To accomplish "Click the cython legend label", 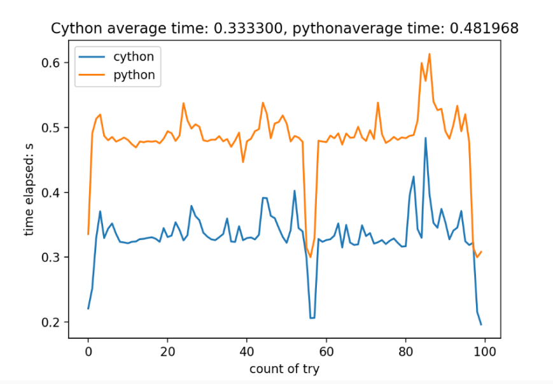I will tap(133, 56).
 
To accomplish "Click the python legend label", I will tap(134, 75).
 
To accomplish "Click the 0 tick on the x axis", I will tap(88, 350).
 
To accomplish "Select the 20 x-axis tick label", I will tap(167, 350).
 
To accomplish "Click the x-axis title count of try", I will tap(284, 368).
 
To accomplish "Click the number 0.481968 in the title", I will tap(490, 28).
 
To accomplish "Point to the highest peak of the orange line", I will tap(430, 54).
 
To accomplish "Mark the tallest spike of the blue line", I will tap(426, 138).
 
